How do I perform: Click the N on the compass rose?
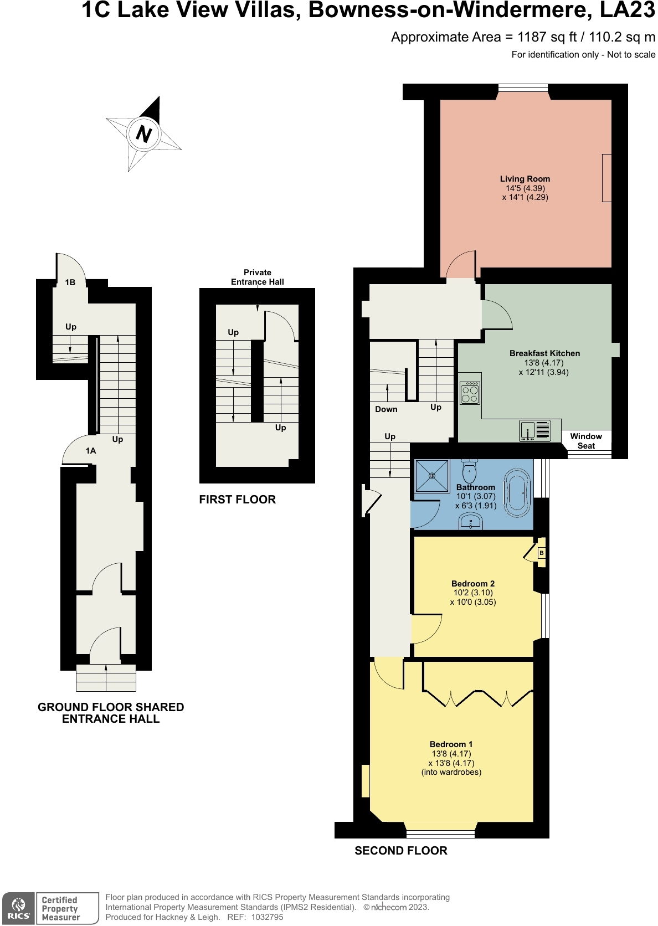(x=143, y=134)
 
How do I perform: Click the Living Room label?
(x=525, y=179)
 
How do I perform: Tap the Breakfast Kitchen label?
(x=544, y=353)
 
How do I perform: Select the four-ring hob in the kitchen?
(x=470, y=393)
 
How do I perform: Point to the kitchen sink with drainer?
(x=535, y=431)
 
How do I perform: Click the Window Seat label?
(x=586, y=441)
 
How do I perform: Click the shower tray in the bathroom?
(x=432, y=476)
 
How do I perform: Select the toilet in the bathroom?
(x=470, y=471)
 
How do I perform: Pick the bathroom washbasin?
(x=471, y=521)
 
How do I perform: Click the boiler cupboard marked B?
(x=542, y=553)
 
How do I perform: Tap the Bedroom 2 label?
(x=473, y=584)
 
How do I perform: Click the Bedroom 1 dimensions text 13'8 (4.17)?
(x=451, y=754)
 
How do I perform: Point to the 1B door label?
(x=70, y=282)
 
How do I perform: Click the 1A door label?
(x=91, y=451)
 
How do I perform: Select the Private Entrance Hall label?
(x=258, y=277)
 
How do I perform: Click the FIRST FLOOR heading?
(x=237, y=500)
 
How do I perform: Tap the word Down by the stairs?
(x=386, y=409)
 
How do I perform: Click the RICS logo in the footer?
(x=19, y=908)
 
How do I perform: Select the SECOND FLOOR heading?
(x=401, y=851)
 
